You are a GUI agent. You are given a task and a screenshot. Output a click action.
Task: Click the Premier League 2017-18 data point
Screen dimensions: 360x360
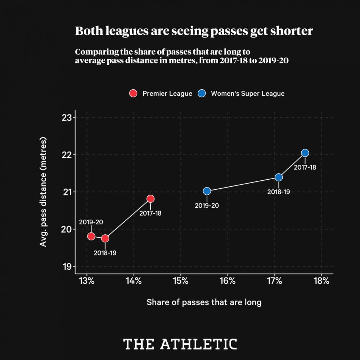coord(150,199)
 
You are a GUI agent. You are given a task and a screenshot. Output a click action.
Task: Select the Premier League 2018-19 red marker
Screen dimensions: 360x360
coord(105,238)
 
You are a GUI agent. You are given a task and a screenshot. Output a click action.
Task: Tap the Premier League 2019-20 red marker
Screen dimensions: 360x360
coord(91,236)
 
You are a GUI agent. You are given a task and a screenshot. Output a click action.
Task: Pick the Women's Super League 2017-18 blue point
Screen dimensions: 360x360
coord(305,153)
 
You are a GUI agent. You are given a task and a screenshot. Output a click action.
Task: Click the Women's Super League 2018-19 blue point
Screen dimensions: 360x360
coord(279,177)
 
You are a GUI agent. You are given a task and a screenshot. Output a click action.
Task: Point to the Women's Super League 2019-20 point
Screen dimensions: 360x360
coord(207,191)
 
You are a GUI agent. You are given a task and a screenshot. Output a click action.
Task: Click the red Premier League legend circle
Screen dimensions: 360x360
coord(133,94)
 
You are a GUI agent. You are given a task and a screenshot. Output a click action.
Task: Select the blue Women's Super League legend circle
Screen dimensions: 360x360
coord(202,94)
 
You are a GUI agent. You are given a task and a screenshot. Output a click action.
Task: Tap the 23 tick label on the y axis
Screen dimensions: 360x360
coord(67,118)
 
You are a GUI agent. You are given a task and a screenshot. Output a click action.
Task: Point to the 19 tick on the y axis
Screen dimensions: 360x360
coord(67,267)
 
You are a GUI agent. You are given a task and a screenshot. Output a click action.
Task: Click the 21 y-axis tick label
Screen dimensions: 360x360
coord(67,192)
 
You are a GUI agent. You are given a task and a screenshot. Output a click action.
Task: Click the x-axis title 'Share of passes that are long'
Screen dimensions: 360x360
coord(204,302)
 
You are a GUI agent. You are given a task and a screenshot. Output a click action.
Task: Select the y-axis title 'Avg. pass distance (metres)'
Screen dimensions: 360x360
coord(44,192)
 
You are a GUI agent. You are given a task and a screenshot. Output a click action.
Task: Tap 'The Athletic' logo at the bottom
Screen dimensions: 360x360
coord(180,344)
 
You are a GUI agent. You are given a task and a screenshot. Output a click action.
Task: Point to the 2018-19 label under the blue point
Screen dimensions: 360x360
coord(279,192)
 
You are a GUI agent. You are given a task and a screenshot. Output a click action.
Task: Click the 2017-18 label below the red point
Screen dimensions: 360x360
coord(150,213)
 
